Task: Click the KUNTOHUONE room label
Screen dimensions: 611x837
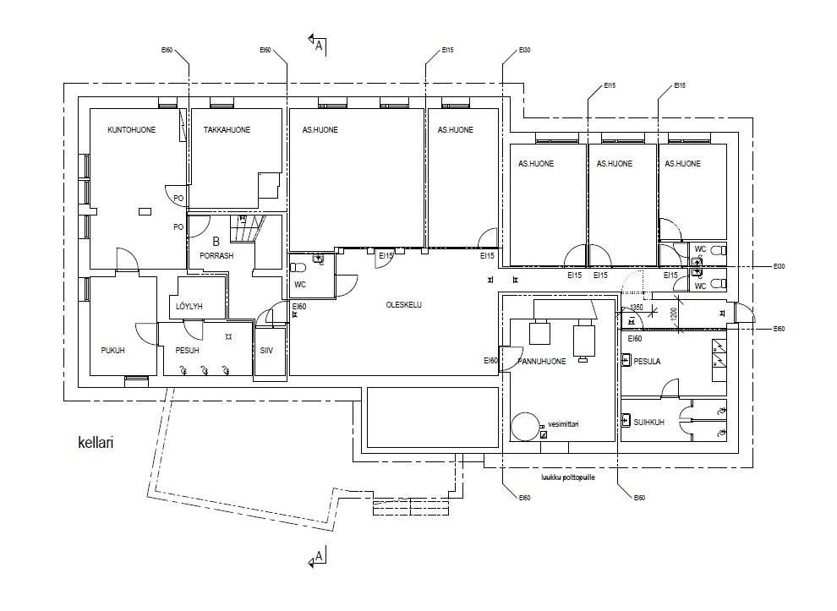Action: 131,130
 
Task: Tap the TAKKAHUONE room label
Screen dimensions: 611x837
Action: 227,130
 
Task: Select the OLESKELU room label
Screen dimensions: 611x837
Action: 403,305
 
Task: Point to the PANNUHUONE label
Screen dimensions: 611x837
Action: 541,362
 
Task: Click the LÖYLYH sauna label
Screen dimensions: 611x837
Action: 189,306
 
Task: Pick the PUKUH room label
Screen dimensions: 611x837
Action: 112,351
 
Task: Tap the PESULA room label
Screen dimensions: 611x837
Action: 647,362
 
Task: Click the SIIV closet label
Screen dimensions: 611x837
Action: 266,350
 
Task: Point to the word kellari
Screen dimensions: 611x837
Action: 96,441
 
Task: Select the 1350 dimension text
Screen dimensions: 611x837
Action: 637,308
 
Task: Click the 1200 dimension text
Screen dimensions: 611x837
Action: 674,314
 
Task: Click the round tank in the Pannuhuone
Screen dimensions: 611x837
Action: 524,425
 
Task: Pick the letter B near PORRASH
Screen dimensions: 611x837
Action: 216,241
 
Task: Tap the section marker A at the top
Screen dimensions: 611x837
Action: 318,45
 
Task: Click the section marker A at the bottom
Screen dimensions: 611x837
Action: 318,557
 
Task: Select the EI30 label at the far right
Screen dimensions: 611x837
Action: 779,266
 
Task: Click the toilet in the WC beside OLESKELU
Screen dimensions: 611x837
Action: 298,268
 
